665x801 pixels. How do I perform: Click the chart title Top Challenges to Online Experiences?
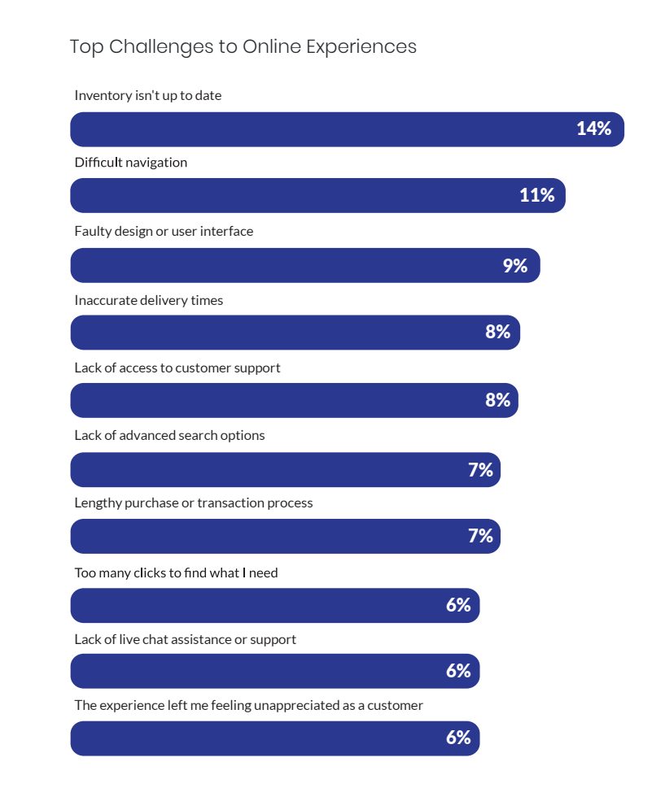(x=243, y=46)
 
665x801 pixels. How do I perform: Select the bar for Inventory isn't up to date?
(x=326, y=129)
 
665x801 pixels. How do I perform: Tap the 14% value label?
(x=593, y=128)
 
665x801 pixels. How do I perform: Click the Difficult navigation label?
(x=131, y=163)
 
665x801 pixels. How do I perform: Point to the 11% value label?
(x=536, y=195)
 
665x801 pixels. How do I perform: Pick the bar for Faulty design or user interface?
(x=285, y=266)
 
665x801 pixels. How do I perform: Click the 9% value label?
(x=514, y=266)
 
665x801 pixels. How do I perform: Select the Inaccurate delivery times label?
(x=149, y=301)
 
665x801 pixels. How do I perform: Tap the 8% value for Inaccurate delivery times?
(x=497, y=332)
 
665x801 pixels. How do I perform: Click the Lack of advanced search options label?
(x=169, y=435)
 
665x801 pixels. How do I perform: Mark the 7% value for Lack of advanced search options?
(x=480, y=470)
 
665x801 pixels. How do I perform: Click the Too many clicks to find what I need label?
(x=176, y=573)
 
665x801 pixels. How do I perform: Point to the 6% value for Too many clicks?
(x=458, y=605)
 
